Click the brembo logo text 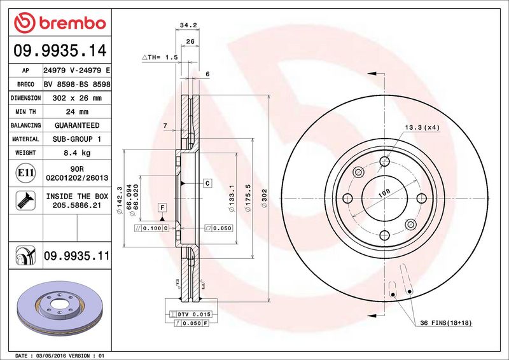click(73, 24)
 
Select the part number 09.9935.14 click(60, 51)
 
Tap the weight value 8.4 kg click(77, 153)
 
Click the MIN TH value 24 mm click(77, 112)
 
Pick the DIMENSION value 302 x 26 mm click(77, 98)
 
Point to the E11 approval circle click(25, 173)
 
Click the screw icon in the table click(25, 200)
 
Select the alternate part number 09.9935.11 click(76, 256)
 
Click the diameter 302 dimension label click(264, 198)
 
